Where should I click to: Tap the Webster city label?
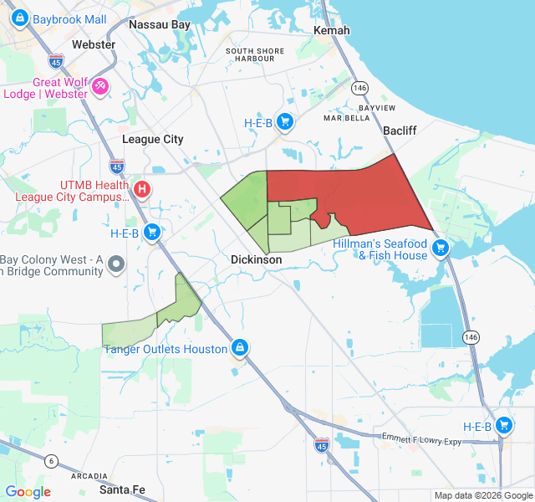coord(94,44)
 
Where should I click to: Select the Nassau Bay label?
coord(160,25)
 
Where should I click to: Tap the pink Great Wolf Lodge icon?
coord(100,85)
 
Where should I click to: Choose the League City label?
coord(153,140)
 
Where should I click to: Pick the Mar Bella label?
coord(346,119)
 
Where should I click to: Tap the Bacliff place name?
coord(400,131)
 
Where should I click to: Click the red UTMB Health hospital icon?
coord(142,189)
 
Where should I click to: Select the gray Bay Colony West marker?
coord(117,264)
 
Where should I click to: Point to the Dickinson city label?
coord(257,260)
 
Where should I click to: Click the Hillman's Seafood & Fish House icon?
coord(441,248)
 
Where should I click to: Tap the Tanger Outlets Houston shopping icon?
coord(240,347)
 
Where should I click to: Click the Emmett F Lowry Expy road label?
coord(421,439)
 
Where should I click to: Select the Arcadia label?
coord(89,476)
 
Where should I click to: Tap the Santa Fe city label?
coord(122,490)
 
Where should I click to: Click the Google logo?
coord(28,492)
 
